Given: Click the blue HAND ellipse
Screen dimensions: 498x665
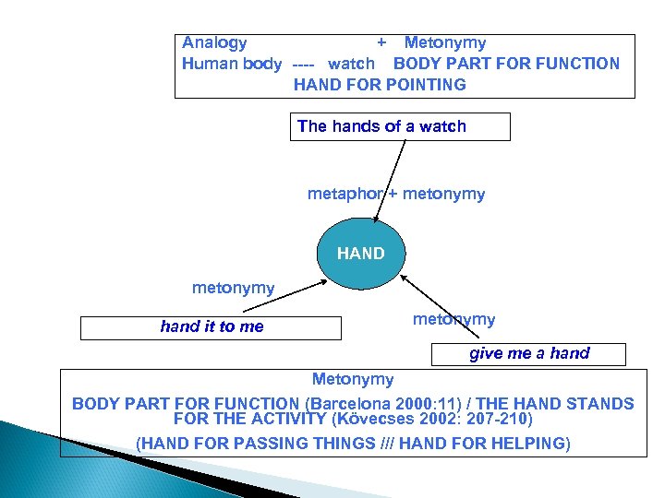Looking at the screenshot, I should [361, 253].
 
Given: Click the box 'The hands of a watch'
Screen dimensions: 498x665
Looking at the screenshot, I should [403, 127].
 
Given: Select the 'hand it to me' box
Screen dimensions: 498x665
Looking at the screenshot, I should [211, 327].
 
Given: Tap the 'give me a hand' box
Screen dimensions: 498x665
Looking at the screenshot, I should [529, 353].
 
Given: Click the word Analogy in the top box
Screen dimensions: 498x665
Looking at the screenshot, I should [214, 42].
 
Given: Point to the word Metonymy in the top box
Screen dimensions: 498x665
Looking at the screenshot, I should [445, 42].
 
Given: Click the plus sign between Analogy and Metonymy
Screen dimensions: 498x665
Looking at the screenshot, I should [381, 42].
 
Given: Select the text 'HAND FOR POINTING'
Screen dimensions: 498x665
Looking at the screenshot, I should [380, 85].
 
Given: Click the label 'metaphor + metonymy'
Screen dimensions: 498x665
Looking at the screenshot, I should [395, 195].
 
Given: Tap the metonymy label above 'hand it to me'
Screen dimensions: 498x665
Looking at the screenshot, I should [233, 288].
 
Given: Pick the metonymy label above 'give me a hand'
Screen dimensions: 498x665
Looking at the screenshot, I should [453, 319].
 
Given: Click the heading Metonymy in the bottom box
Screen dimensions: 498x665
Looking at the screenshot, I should [353, 379].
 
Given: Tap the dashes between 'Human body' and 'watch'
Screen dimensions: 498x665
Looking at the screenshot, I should [304, 65].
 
